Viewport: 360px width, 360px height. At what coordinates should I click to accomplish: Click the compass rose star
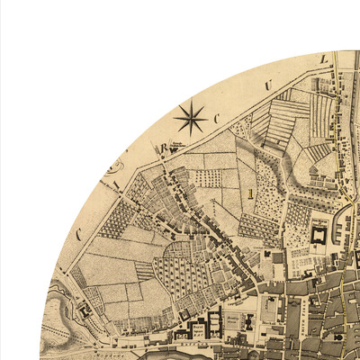pyautogui.click(x=190, y=116)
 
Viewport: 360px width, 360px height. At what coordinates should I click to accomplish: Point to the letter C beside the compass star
pyautogui.click(x=217, y=118)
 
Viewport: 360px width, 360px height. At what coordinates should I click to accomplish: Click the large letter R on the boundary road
pyautogui.click(x=164, y=147)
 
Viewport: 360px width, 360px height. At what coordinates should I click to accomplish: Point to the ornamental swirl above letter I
pyautogui.click(x=112, y=167)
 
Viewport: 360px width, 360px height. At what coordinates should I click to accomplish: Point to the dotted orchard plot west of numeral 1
pyautogui.click(x=209, y=178)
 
